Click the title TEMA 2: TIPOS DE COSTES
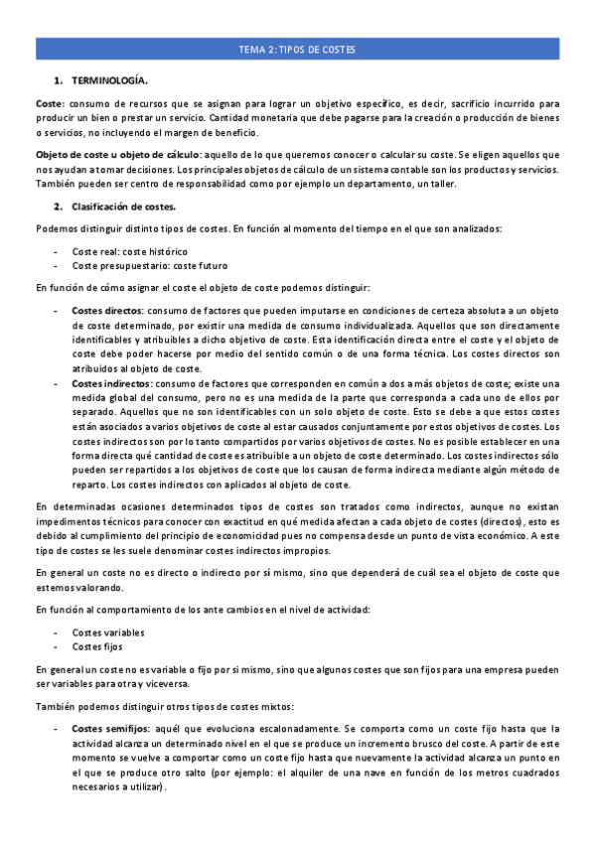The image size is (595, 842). point(297,49)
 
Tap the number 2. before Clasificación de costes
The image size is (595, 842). point(58,206)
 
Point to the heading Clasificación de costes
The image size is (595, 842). point(123,206)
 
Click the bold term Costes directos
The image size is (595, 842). point(107,311)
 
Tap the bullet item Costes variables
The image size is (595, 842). point(107,631)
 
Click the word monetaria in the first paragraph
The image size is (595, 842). point(250,118)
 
